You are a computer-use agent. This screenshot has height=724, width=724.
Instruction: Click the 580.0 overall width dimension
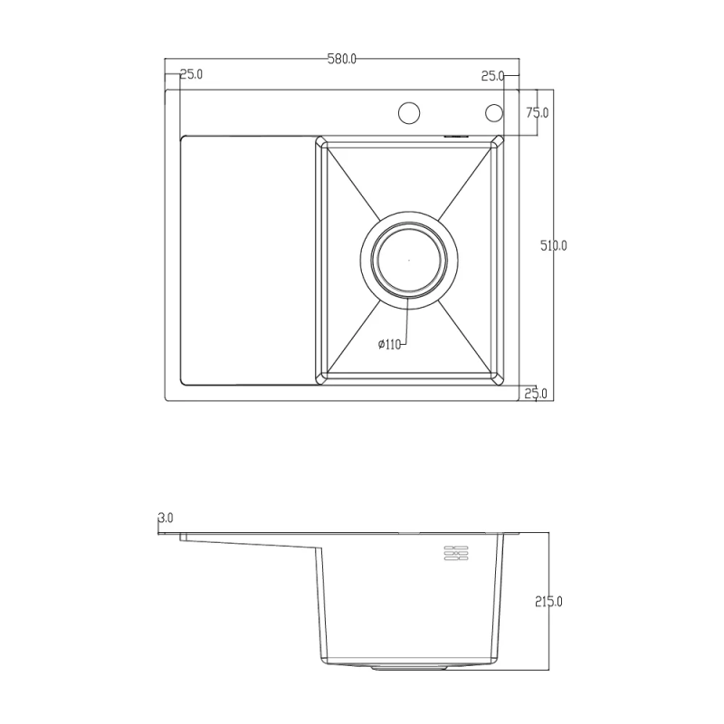pyautogui.click(x=342, y=60)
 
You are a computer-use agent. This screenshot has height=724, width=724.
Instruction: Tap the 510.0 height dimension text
pyautogui.click(x=553, y=245)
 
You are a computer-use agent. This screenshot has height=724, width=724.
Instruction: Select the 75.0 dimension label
pyautogui.click(x=538, y=112)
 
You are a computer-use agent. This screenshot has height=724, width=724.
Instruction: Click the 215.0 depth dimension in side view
pyautogui.click(x=548, y=601)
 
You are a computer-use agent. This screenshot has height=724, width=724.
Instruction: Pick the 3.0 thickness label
pyautogui.click(x=165, y=519)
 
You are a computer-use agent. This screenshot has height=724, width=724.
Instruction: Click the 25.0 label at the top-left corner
pyautogui.click(x=191, y=74)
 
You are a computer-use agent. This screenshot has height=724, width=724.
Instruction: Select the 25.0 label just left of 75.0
pyautogui.click(x=493, y=76)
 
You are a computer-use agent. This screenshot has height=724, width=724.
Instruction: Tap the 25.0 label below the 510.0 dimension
pyautogui.click(x=538, y=392)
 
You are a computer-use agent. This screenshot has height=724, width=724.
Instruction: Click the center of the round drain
pyautogui.click(x=409, y=260)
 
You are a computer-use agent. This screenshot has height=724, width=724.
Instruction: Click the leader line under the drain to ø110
pyautogui.click(x=406, y=321)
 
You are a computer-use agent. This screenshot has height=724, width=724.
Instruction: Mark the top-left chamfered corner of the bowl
pyautogui.click(x=319, y=140)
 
